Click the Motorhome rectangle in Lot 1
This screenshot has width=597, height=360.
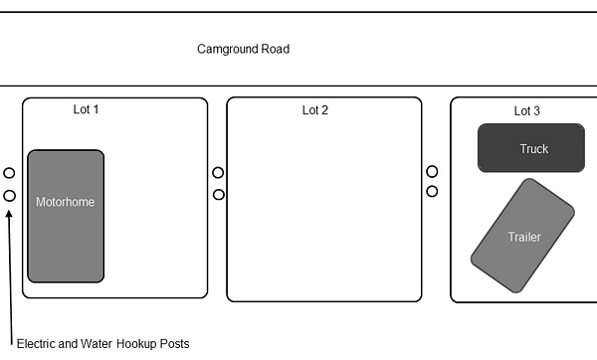pos(66,216)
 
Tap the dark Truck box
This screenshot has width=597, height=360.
pos(531,148)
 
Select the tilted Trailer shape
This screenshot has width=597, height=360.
pos(522,236)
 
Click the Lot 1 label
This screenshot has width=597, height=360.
pos(86,109)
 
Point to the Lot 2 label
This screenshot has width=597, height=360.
pos(315,110)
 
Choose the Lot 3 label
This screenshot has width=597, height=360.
pos(527,111)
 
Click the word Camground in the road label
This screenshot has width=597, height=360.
pos(224,50)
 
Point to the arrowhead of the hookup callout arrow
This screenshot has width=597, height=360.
pos(9,214)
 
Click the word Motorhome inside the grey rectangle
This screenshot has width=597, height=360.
pos(65,202)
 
